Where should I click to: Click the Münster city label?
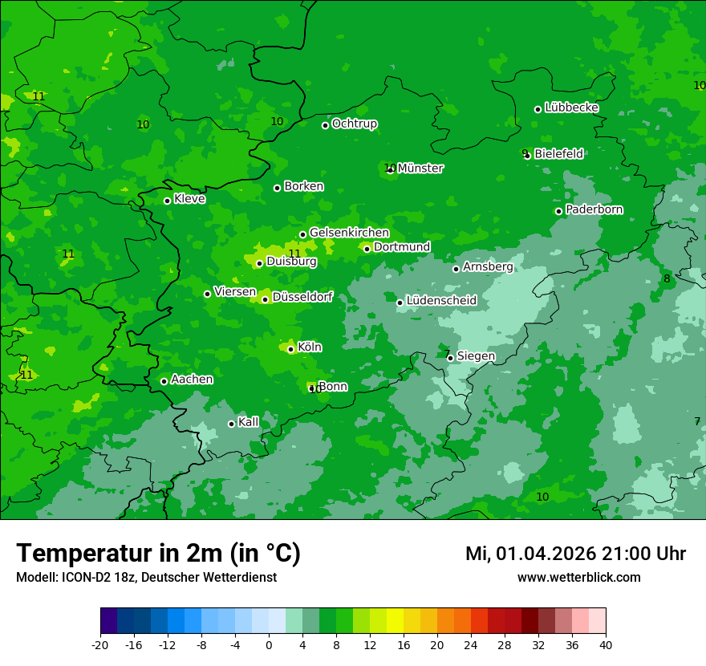click(x=420, y=169)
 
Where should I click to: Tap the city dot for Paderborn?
click(x=559, y=211)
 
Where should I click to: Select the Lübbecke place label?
click(x=571, y=108)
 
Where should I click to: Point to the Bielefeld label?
click(x=558, y=153)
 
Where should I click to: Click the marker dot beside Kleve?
click(x=167, y=201)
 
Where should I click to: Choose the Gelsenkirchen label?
click(x=349, y=233)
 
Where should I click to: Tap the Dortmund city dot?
click(x=367, y=249)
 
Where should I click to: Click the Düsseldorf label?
click(x=302, y=297)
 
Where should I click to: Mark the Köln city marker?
click(x=290, y=349)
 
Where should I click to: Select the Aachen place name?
click(x=192, y=379)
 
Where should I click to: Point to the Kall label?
click(x=249, y=422)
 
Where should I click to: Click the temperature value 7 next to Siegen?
click(x=447, y=354)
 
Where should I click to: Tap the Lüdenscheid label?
click(x=441, y=301)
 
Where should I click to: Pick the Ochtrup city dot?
click(x=326, y=125)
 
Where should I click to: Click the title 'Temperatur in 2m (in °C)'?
click(x=158, y=554)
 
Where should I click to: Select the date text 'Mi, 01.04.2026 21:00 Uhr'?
click(x=575, y=554)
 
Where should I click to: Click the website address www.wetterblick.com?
click(x=578, y=577)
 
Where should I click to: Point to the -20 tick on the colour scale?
click(x=100, y=645)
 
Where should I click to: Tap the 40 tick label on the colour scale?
click(x=606, y=645)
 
